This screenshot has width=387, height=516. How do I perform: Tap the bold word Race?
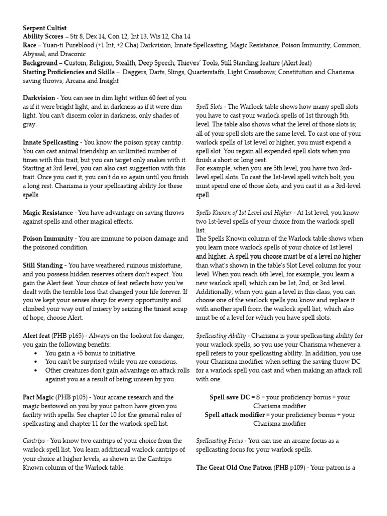pyautogui.click(x=31, y=46)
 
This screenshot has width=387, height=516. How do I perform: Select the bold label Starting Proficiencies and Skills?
pyautogui.click(x=69, y=72)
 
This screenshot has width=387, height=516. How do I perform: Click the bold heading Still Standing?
pyautogui.click(x=44, y=265)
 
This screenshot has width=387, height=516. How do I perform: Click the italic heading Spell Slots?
pyautogui.click(x=210, y=107)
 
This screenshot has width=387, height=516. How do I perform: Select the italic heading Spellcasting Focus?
pyautogui.click(x=219, y=440)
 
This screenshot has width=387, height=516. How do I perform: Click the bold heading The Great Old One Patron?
pyautogui.click(x=233, y=467)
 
